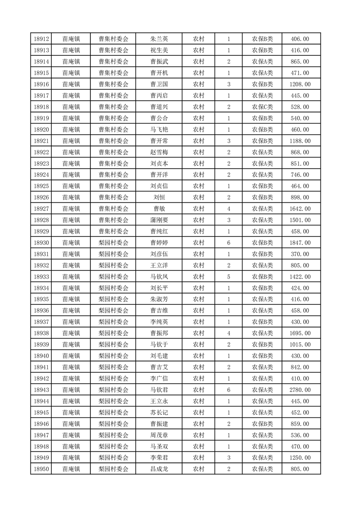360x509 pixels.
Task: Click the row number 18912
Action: point(41,39)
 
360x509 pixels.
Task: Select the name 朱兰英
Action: point(159,39)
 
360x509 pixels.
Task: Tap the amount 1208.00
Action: point(300,84)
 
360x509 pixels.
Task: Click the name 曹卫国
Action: point(159,84)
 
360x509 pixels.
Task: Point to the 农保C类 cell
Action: point(262,107)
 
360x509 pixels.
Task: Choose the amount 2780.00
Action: point(300,390)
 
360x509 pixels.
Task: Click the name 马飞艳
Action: point(159,130)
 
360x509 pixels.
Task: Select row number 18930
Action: point(41,243)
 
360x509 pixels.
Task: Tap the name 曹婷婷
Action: point(159,243)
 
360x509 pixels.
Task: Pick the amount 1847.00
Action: point(300,243)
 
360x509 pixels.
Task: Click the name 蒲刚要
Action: point(159,220)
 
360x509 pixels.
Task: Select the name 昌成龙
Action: point(159,469)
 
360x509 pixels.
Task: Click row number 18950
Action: point(41,469)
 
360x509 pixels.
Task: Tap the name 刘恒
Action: point(159,197)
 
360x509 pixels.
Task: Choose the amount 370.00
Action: point(300,254)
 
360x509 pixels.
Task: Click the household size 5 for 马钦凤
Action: point(228,277)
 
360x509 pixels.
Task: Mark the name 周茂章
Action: point(159,435)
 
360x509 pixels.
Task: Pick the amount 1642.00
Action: point(300,209)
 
